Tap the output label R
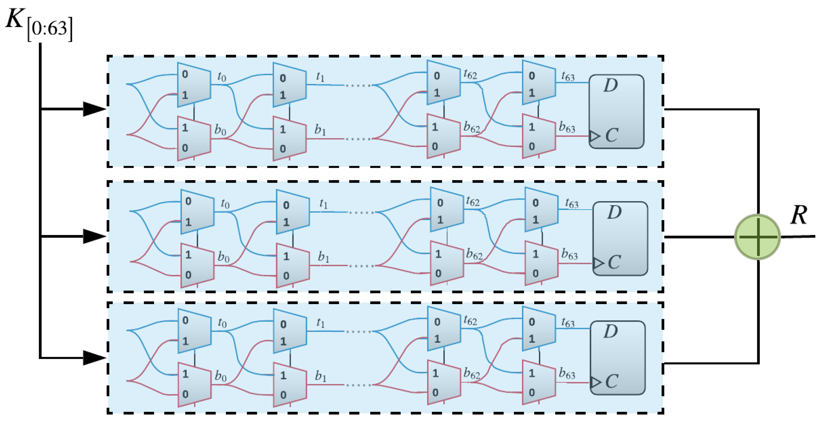point(798,215)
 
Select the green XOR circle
point(757,237)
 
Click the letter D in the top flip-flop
point(610,85)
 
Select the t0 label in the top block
point(222,77)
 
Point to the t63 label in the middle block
point(572,203)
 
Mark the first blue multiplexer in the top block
point(194,85)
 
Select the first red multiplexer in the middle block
point(197,265)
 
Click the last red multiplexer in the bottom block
point(538,382)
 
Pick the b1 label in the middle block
point(323,257)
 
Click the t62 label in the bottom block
point(470,320)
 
